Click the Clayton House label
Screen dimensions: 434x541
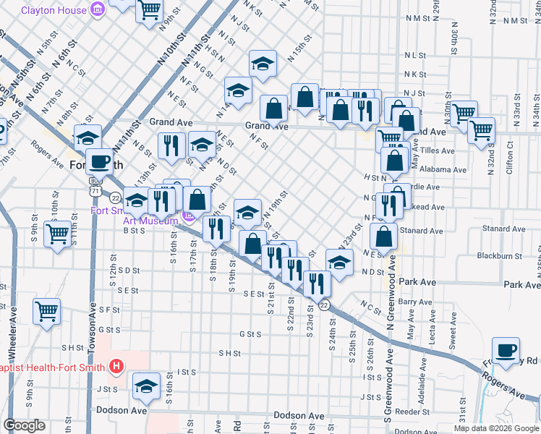(x=53, y=10)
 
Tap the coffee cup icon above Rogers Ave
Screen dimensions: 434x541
(x=506, y=350)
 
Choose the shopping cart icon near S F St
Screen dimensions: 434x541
(x=46, y=312)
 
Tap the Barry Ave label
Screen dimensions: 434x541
(x=414, y=302)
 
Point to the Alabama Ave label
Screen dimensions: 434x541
(x=445, y=169)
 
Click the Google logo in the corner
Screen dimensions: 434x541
(x=25, y=425)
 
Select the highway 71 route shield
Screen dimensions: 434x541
(x=95, y=190)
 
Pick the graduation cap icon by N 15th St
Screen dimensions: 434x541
(x=263, y=63)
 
